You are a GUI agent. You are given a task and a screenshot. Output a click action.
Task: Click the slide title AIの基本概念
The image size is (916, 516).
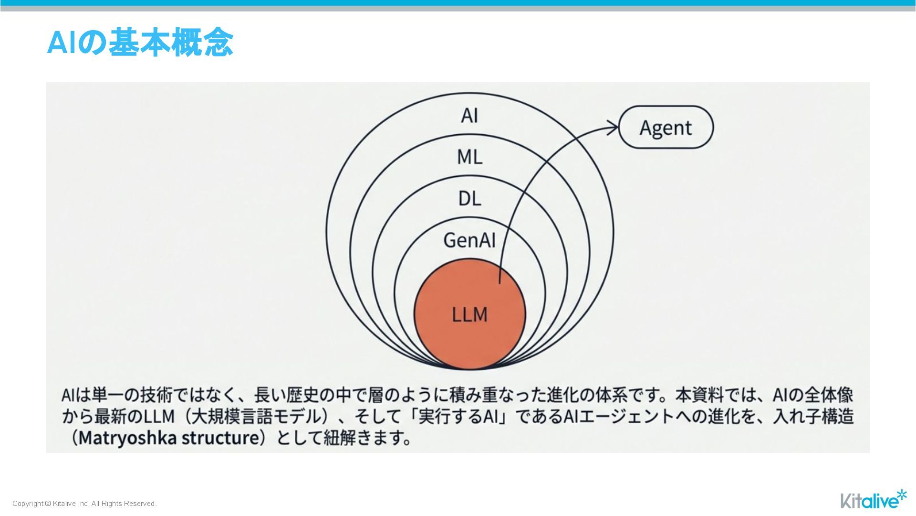(x=140, y=43)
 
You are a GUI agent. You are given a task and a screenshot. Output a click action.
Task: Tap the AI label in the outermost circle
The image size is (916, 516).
(x=469, y=116)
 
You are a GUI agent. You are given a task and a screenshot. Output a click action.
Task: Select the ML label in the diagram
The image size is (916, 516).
(x=469, y=157)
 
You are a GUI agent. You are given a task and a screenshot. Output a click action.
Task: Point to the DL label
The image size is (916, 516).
(x=469, y=199)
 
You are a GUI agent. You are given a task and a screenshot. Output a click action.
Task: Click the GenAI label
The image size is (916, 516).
(x=469, y=240)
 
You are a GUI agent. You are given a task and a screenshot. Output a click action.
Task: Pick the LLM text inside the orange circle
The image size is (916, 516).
(x=469, y=315)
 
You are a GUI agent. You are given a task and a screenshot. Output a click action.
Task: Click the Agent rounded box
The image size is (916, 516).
(x=666, y=128)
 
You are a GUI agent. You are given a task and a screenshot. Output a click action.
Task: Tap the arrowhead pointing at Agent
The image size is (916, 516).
(x=613, y=128)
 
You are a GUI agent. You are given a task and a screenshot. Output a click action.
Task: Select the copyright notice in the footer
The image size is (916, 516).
(x=84, y=504)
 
